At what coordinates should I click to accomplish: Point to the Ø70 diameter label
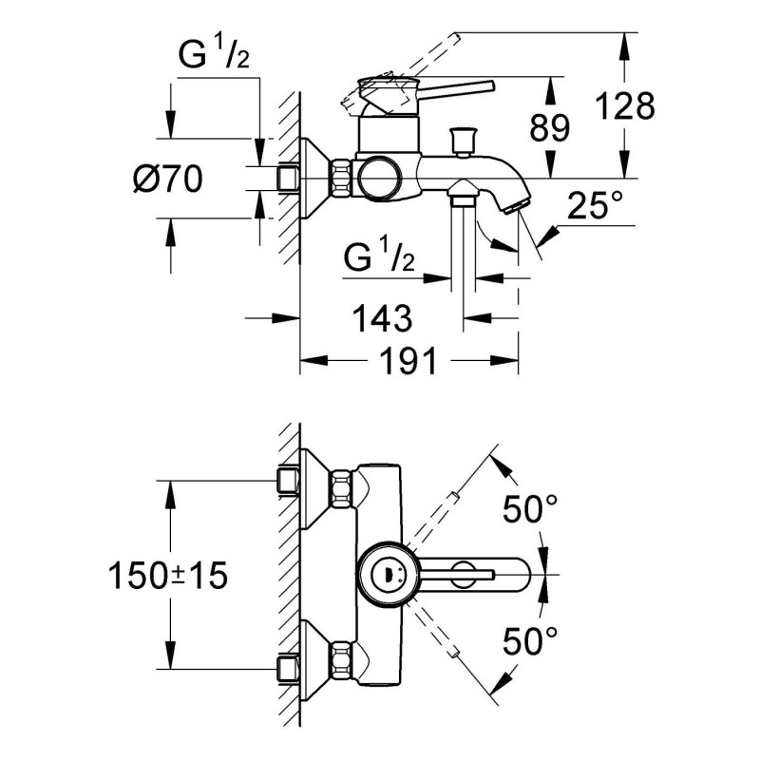tap(167, 178)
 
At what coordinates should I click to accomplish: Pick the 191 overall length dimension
tap(408, 361)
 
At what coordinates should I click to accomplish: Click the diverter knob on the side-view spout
tap(465, 141)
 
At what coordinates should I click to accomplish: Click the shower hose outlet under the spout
tap(464, 199)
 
